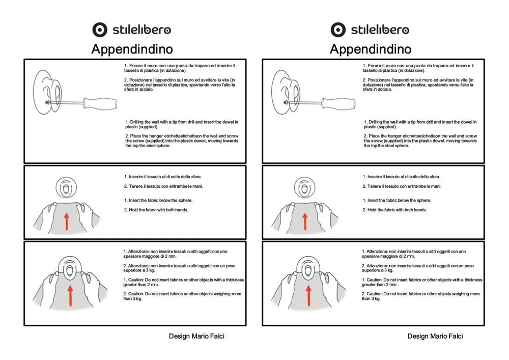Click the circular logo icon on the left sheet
coord(100,30)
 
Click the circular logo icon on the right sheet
coord(338,30)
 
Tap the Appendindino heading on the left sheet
coord(132,49)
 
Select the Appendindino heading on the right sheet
coord(371,49)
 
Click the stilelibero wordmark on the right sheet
coord(380,30)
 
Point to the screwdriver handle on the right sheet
coord(338,103)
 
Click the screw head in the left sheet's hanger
coord(48,102)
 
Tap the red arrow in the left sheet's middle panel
coord(67,221)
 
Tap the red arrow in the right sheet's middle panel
coord(305,221)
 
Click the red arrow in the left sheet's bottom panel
coord(70,295)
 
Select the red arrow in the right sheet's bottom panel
coord(308,295)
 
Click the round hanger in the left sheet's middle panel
coord(66,187)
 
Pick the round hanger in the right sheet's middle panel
coord(304,187)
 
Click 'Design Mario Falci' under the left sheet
coord(196,336)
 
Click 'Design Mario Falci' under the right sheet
coord(435,336)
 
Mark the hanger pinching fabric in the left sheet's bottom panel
coord(70,269)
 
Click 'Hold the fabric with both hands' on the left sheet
coord(156,210)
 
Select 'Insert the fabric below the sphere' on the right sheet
coord(397,200)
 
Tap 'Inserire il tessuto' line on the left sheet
coord(163,177)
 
